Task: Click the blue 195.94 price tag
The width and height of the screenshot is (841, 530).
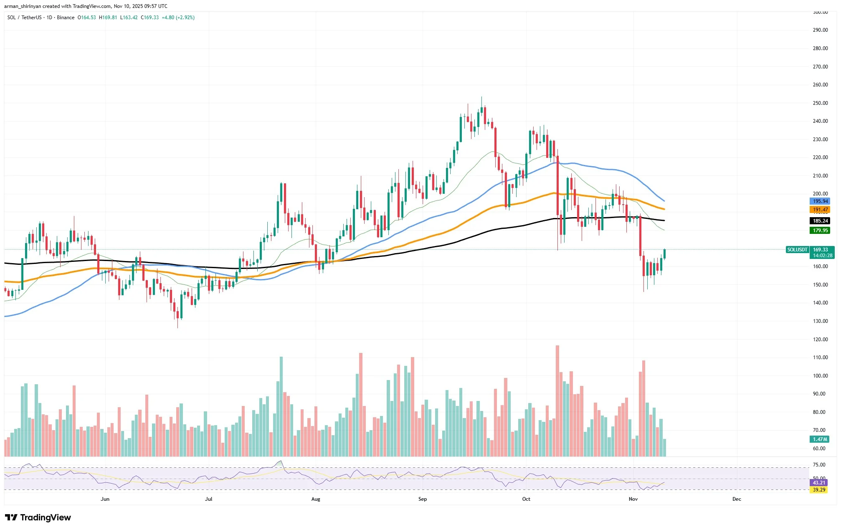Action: click(x=820, y=201)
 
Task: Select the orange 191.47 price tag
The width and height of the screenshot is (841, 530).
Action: click(x=820, y=210)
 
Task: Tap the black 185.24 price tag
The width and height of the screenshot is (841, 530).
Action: click(x=820, y=221)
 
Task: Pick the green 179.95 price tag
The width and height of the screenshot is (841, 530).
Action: click(x=820, y=231)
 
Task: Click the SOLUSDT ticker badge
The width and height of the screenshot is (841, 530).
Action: click(x=797, y=250)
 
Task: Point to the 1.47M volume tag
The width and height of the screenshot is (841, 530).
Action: click(x=820, y=439)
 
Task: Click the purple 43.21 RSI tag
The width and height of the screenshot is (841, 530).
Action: click(x=819, y=483)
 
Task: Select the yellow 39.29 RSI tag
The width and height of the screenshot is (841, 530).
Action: click(x=819, y=490)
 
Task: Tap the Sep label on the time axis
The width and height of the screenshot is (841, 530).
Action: click(x=423, y=499)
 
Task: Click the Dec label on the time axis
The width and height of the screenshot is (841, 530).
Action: click(x=737, y=499)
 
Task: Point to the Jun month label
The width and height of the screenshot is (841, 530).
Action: click(x=105, y=499)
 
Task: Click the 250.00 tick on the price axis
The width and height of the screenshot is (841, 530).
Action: click(x=820, y=103)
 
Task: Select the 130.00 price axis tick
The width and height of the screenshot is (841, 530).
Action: click(x=820, y=321)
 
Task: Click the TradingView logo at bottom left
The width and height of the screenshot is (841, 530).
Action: click(x=38, y=517)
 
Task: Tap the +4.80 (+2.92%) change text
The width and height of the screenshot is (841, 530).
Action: click(x=178, y=18)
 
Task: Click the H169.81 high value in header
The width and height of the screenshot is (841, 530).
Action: click(x=108, y=18)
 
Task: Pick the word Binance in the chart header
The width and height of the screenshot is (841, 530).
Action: click(x=66, y=18)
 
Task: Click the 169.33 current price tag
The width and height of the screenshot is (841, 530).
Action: click(x=820, y=250)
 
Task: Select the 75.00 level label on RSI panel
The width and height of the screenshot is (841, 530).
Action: click(x=819, y=465)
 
